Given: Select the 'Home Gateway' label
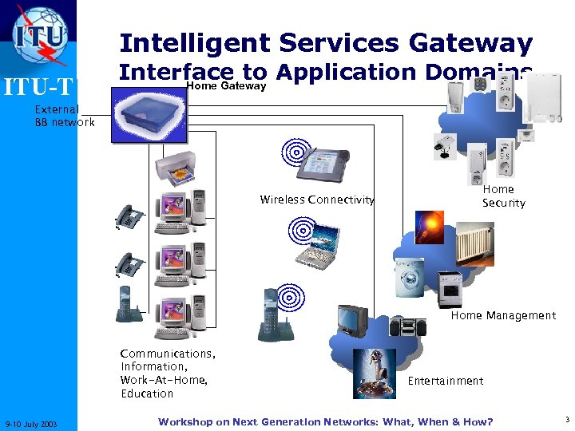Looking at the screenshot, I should [x=226, y=85].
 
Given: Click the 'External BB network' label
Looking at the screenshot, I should [x=64, y=116].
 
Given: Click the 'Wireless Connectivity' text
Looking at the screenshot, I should [x=317, y=200].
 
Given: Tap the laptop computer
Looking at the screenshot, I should [x=320, y=243].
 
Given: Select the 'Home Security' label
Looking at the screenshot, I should [x=503, y=196].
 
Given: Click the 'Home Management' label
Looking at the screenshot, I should [x=503, y=315].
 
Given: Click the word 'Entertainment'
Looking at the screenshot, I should [x=446, y=381].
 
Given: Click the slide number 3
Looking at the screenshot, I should [x=565, y=420].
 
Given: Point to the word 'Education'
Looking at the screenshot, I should [x=147, y=393].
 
